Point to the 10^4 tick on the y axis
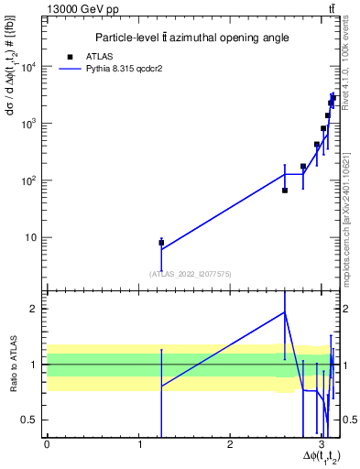(x=34, y=67)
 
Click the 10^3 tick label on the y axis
(x=34, y=124)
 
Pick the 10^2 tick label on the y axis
(x=34, y=180)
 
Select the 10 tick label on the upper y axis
(x=36, y=237)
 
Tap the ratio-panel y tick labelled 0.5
(x=35, y=420)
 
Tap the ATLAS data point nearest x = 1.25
(x=161, y=243)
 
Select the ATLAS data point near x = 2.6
(x=285, y=191)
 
